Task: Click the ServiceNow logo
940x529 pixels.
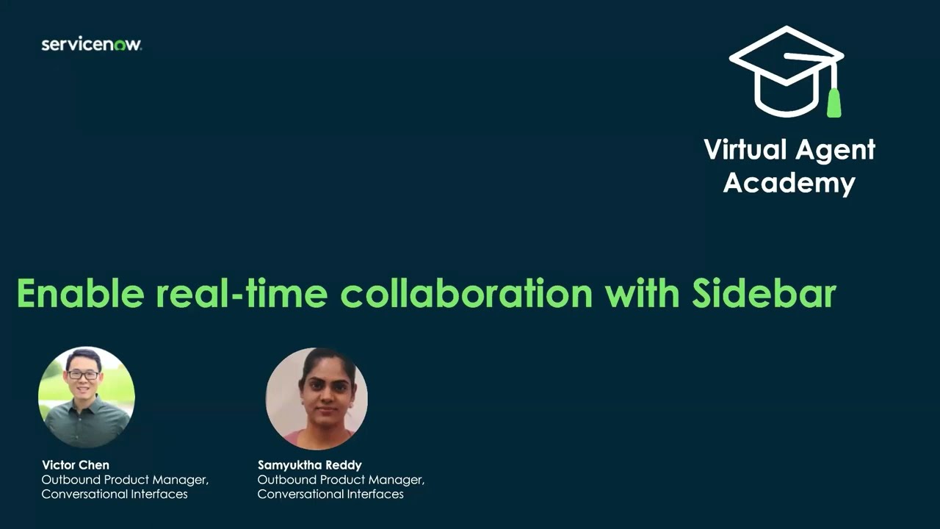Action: click(x=91, y=45)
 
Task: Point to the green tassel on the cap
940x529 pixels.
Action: click(x=834, y=102)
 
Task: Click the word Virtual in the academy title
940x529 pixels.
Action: click(x=745, y=150)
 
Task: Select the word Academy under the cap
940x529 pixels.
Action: click(x=789, y=183)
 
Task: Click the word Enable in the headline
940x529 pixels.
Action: click(x=80, y=293)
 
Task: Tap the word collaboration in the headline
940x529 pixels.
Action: click(x=466, y=293)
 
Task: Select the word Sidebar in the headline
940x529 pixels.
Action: click(x=764, y=293)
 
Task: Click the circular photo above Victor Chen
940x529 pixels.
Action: click(x=87, y=397)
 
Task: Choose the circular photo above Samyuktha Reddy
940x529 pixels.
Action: click(x=317, y=398)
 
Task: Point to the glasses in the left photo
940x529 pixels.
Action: click(x=83, y=375)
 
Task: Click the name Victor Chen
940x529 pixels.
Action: click(x=76, y=465)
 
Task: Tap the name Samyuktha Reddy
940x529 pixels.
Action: click(x=309, y=465)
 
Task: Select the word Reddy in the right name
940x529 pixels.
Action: click(x=343, y=465)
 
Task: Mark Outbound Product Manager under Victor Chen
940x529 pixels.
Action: click(x=125, y=480)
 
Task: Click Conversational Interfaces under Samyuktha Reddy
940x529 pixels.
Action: click(x=330, y=494)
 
